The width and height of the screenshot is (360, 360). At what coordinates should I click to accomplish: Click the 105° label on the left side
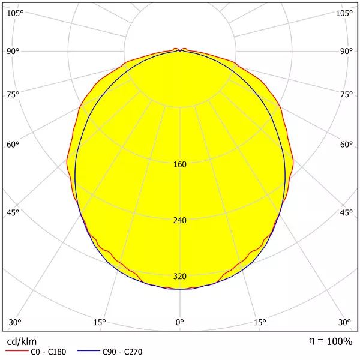[15, 13]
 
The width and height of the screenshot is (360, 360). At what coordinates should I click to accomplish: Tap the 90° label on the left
[13, 51]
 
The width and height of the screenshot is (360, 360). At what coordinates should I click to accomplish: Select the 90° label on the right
[346, 51]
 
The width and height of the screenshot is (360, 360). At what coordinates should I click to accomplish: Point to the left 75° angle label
[13, 94]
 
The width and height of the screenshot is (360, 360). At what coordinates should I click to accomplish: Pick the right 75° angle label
[346, 94]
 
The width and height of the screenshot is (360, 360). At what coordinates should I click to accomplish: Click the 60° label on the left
[13, 145]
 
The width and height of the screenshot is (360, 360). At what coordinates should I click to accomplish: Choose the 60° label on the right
[346, 145]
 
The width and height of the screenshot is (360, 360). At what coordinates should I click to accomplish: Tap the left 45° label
[13, 213]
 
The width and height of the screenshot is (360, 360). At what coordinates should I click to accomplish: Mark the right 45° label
[346, 213]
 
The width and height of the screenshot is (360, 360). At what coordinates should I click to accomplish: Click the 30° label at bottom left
[15, 323]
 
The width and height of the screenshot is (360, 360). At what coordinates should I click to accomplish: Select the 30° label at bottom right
[344, 323]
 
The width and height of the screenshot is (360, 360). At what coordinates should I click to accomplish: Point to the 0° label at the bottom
[180, 323]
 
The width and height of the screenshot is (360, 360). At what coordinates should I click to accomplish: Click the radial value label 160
[179, 164]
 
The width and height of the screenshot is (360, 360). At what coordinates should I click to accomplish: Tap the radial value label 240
[179, 220]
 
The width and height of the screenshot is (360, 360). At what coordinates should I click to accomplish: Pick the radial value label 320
[179, 277]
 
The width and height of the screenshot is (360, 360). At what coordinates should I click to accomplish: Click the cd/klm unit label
[22, 341]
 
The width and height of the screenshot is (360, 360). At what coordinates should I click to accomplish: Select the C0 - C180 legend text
[50, 352]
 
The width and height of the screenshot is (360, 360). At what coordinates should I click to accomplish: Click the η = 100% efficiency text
[331, 341]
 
